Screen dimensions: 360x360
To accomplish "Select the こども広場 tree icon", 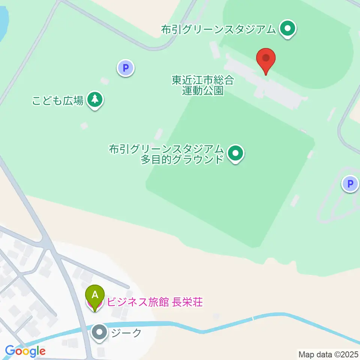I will pyautogui.click(x=95, y=100).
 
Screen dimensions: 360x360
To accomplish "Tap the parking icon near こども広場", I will pyautogui.click(x=126, y=68).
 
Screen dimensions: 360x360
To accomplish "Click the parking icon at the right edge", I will pyautogui.click(x=350, y=184).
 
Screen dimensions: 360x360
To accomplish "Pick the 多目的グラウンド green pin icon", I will pyautogui.click(x=235, y=153).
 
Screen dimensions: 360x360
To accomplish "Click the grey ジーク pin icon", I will pyautogui.click(x=100, y=332).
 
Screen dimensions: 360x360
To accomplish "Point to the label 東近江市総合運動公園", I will pyautogui.click(x=202, y=85).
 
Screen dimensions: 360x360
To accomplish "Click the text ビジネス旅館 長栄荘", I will pyautogui.click(x=155, y=302).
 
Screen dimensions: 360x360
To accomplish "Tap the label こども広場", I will pyautogui.click(x=58, y=100).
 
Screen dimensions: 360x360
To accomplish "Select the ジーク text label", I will pyautogui.click(x=126, y=333).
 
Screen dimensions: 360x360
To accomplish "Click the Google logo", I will pyautogui.click(x=25, y=351).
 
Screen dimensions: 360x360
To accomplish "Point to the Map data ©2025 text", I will pyautogui.click(x=328, y=354).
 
